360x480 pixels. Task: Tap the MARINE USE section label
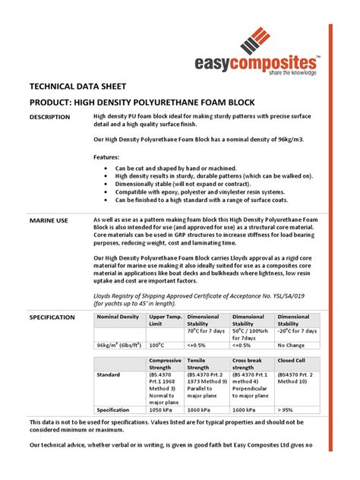[x=49, y=220]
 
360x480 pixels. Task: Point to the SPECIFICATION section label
[x=52, y=317]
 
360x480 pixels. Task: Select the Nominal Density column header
[x=118, y=316]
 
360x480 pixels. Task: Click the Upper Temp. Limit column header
[x=165, y=320]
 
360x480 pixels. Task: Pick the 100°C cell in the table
[x=160, y=344]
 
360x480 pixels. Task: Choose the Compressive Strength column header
[x=166, y=364]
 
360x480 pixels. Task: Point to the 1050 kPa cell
[x=163, y=409]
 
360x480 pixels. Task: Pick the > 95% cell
[x=287, y=409]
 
